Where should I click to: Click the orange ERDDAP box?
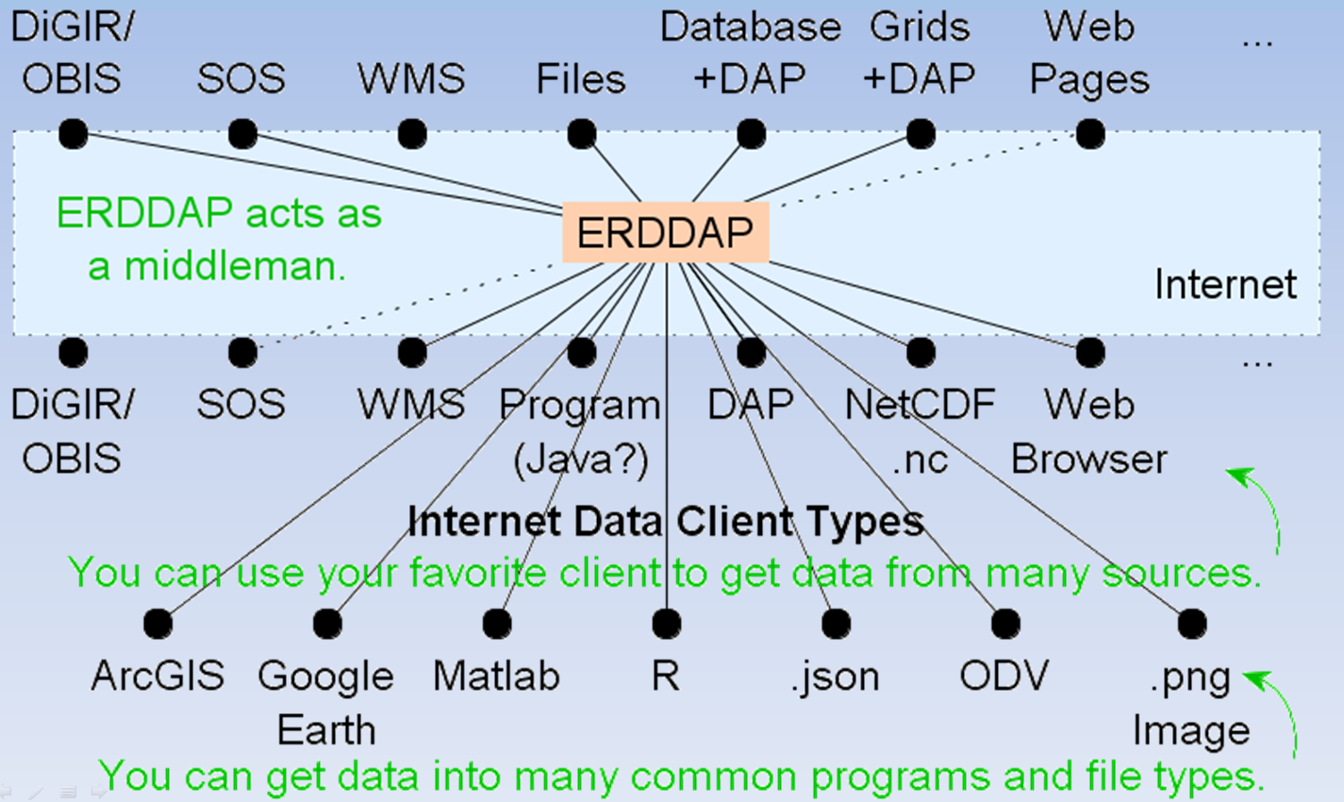pyautogui.click(x=666, y=232)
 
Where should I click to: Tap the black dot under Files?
pyautogui.click(x=581, y=134)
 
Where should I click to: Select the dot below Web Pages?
pyautogui.click(x=1089, y=134)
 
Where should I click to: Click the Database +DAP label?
pyautogui.click(x=750, y=53)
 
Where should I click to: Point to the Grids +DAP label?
pyautogui.click(x=920, y=53)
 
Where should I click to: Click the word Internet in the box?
pyautogui.click(x=1225, y=284)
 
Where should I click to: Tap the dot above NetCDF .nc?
pyautogui.click(x=920, y=352)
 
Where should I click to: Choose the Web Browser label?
pyautogui.click(x=1089, y=432)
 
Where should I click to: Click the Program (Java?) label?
pyautogui.click(x=580, y=432)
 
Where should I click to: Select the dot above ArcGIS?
pyautogui.click(x=158, y=624)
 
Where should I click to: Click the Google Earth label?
pyautogui.click(x=326, y=703)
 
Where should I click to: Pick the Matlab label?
pyautogui.click(x=496, y=677)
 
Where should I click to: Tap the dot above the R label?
pyautogui.click(x=666, y=624)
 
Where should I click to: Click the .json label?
pyautogui.click(x=835, y=677)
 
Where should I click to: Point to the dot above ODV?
pyautogui.click(x=1005, y=624)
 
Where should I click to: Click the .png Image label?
pyautogui.click(x=1191, y=703)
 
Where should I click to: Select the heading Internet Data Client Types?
pyautogui.click(x=666, y=521)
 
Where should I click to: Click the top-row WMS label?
pyautogui.click(x=411, y=79)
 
